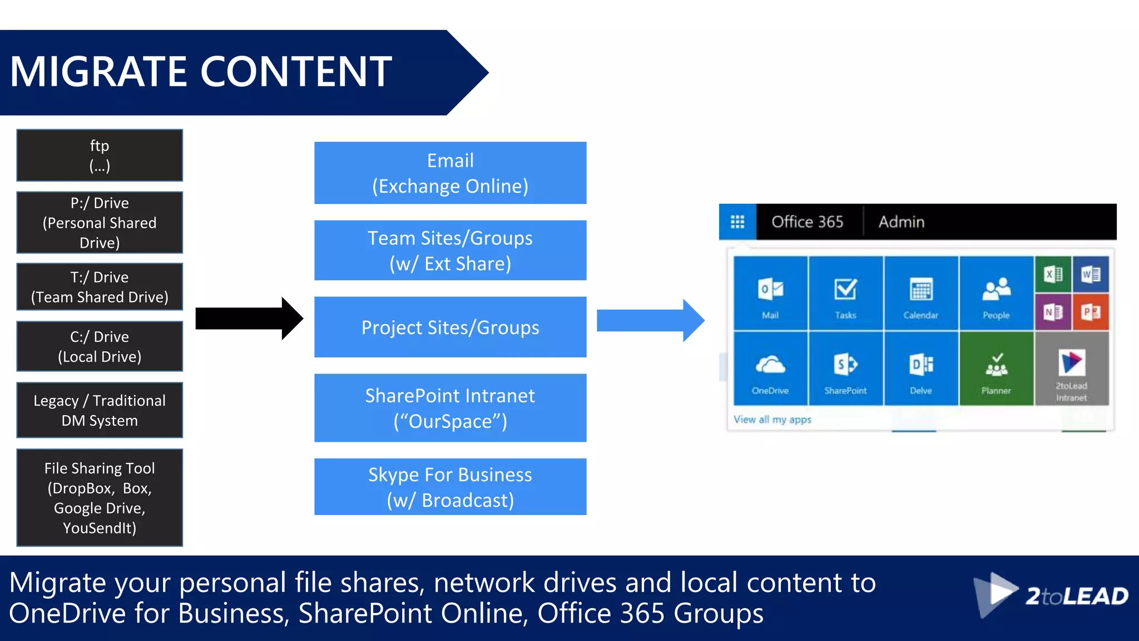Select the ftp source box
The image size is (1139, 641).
click(100, 155)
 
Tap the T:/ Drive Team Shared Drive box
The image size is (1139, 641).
click(100, 287)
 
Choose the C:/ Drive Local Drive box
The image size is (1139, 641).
click(100, 346)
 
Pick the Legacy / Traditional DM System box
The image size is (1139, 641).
click(100, 410)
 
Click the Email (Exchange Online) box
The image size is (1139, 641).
click(450, 173)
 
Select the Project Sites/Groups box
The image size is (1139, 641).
click(450, 327)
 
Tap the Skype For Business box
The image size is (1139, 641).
click(450, 487)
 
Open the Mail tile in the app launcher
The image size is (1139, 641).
click(770, 294)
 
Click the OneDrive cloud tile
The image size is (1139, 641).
click(770, 369)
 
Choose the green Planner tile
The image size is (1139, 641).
click(996, 369)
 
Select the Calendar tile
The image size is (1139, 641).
click(920, 294)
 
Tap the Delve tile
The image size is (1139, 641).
click(920, 369)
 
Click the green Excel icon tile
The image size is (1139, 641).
click(1053, 274)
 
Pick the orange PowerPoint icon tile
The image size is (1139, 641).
click(1091, 312)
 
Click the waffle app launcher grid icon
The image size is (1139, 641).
click(737, 222)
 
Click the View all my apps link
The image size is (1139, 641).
click(772, 420)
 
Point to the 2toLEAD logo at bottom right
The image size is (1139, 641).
click(1051, 596)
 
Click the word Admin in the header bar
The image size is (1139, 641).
click(901, 222)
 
